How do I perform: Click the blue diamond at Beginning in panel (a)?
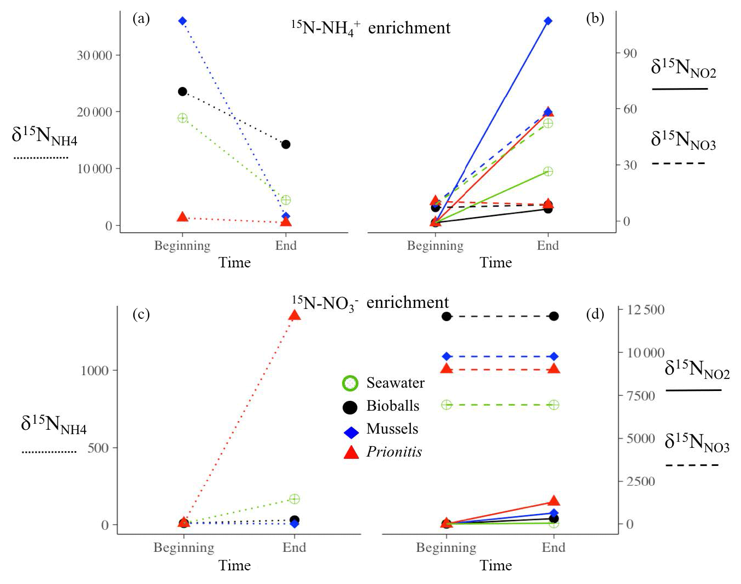[183, 21]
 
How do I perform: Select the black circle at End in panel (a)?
[285, 144]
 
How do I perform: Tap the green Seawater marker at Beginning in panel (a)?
[183, 118]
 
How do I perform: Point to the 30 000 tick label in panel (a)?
[95, 55]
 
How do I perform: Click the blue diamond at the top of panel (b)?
[548, 21]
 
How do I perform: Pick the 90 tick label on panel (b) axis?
[630, 53]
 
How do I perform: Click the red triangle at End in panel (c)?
[294, 315]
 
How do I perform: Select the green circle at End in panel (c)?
[294, 499]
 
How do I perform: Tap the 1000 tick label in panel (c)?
[95, 370]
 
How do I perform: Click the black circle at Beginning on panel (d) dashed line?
[446, 316]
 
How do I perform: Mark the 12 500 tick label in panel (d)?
[645, 309]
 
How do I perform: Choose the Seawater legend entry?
[395, 383]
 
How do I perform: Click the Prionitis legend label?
[394, 452]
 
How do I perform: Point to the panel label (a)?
[141, 19]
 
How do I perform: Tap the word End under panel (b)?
[548, 246]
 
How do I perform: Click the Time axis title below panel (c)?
[234, 565]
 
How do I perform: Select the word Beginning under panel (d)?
[446, 547]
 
